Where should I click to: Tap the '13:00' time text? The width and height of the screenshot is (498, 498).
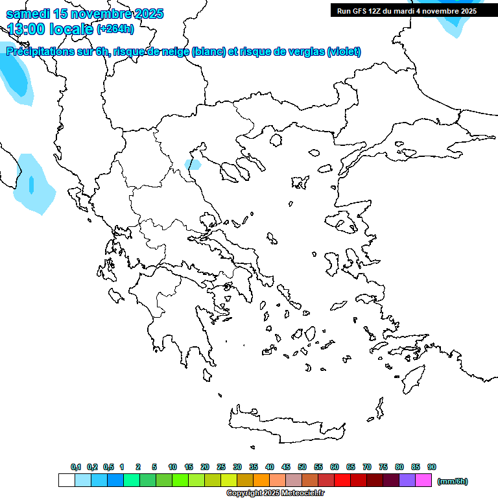tap(26, 29)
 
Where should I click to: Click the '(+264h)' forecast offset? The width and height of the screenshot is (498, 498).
tap(115, 29)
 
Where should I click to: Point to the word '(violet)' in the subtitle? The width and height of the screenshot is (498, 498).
tap(344, 52)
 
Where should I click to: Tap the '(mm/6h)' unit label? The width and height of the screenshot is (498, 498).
tap(453, 481)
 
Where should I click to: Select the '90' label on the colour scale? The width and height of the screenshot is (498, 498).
tap(432, 467)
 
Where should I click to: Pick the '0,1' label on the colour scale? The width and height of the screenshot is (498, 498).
tap(76, 467)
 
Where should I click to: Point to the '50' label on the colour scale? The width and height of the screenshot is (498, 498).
tap(302, 467)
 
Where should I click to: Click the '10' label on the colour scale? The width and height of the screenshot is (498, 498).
tap(172, 467)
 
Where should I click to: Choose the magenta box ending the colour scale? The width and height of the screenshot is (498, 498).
tap(423, 480)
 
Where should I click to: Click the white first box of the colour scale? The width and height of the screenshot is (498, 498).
tap(66, 480)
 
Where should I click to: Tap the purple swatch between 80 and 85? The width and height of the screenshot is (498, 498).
tap(407, 480)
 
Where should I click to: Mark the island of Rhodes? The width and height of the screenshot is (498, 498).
tap(412, 377)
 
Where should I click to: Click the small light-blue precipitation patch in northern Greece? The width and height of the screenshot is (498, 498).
tap(193, 164)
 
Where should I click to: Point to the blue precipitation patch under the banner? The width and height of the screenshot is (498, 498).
tap(454, 23)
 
